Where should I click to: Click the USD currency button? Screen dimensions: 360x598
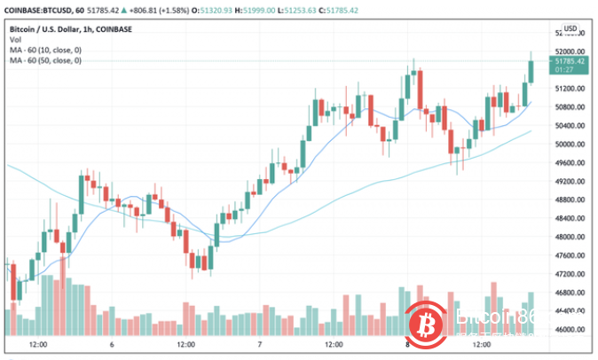click(x=570, y=29)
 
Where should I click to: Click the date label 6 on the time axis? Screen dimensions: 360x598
click(x=113, y=345)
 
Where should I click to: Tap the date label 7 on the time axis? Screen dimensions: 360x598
click(x=258, y=345)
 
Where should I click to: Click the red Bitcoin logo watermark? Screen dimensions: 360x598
click(x=430, y=322)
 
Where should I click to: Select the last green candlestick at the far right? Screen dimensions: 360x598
click(x=531, y=71)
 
